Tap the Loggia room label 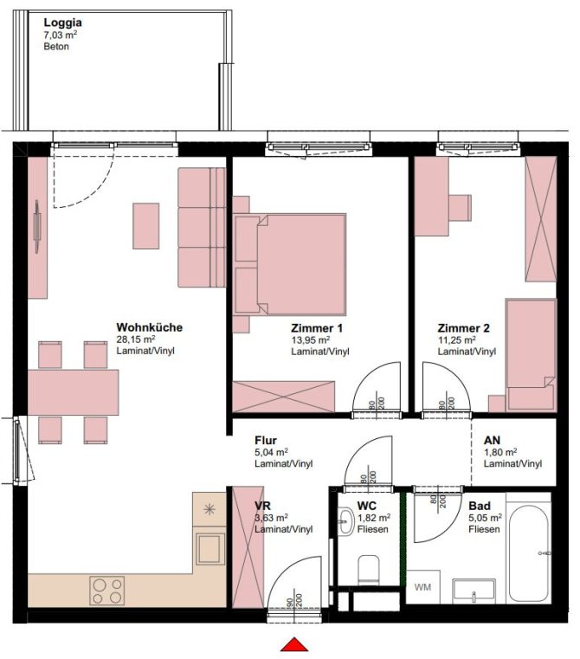click(62, 23)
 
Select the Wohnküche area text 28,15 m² click(136, 339)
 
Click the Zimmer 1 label click(317, 328)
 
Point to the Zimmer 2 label click(464, 328)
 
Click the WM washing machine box click(422, 587)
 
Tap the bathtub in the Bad click(528, 553)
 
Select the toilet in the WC click(369, 570)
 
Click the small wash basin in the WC click(346, 521)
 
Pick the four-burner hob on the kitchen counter click(107, 591)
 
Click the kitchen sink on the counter click(209, 549)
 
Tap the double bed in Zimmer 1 click(290, 264)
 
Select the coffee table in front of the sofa click(145, 226)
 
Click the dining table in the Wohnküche click(73, 392)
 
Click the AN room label click(493, 440)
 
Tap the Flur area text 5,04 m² click(272, 452)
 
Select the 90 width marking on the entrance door click(290, 602)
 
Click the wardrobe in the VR click(248, 546)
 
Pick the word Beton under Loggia click(56, 46)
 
